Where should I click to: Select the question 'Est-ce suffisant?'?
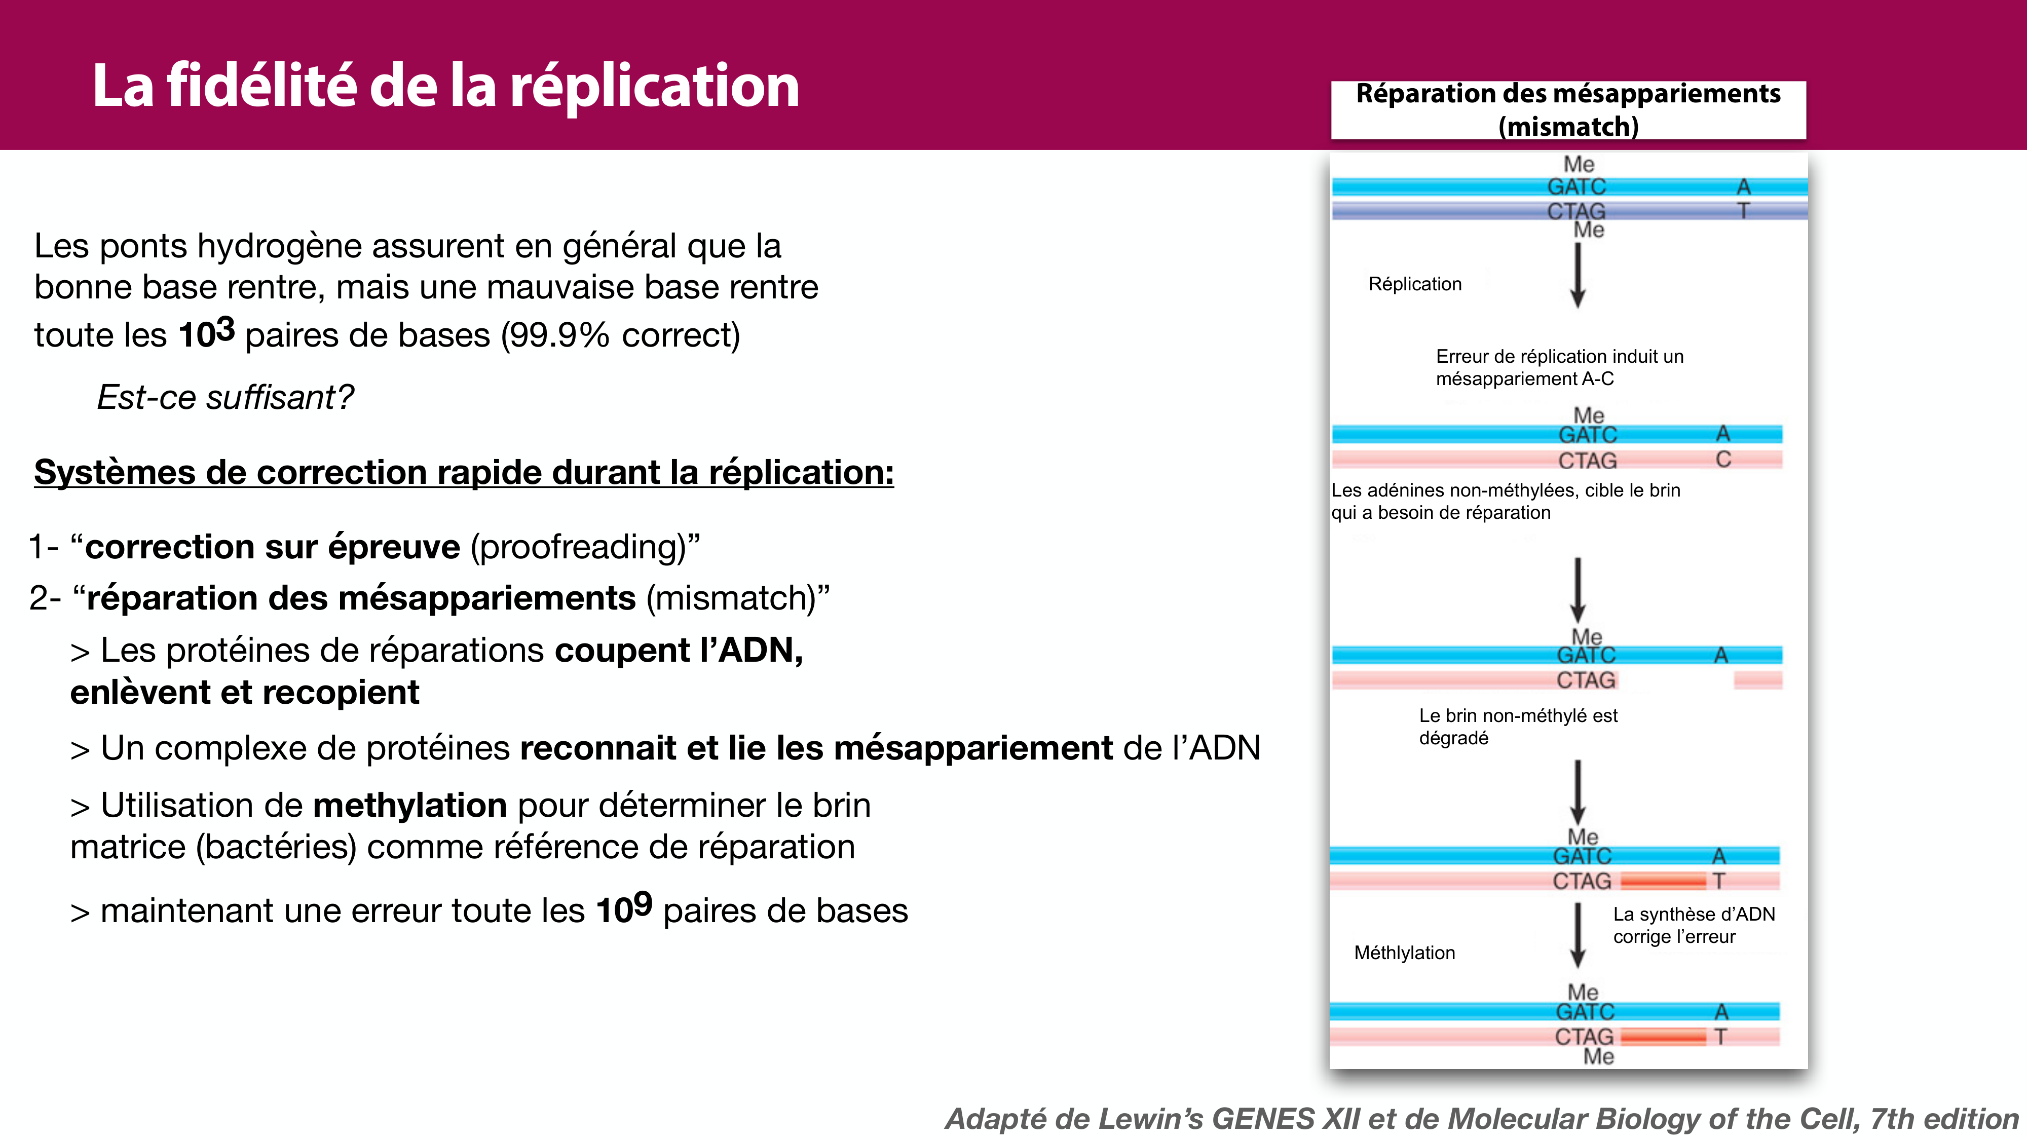pos(225,397)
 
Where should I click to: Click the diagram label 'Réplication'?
pos(1415,284)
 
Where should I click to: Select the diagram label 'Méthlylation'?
pos(1405,953)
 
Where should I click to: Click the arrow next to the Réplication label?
pos(1578,275)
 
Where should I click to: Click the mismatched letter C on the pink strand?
pos(1723,460)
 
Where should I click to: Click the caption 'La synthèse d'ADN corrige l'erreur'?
pos(1694,925)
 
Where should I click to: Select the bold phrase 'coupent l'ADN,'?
pos(679,651)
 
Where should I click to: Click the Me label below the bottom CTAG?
pos(1598,1056)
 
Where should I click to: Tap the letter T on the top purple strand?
pos(1744,211)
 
